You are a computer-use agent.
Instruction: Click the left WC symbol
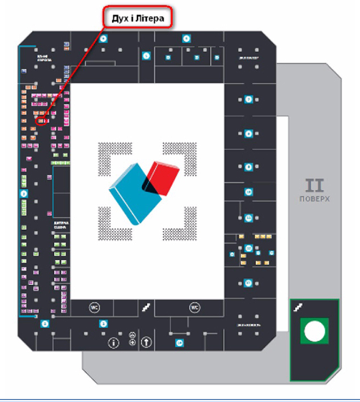tap(95, 307)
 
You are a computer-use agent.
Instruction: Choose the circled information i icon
tap(113, 343)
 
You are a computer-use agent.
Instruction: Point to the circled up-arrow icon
tap(146, 342)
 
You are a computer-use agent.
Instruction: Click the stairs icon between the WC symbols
tap(146, 307)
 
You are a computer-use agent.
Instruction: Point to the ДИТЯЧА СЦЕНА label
tap(61, 225)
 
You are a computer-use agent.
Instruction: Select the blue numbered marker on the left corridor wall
tap(24, 193)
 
